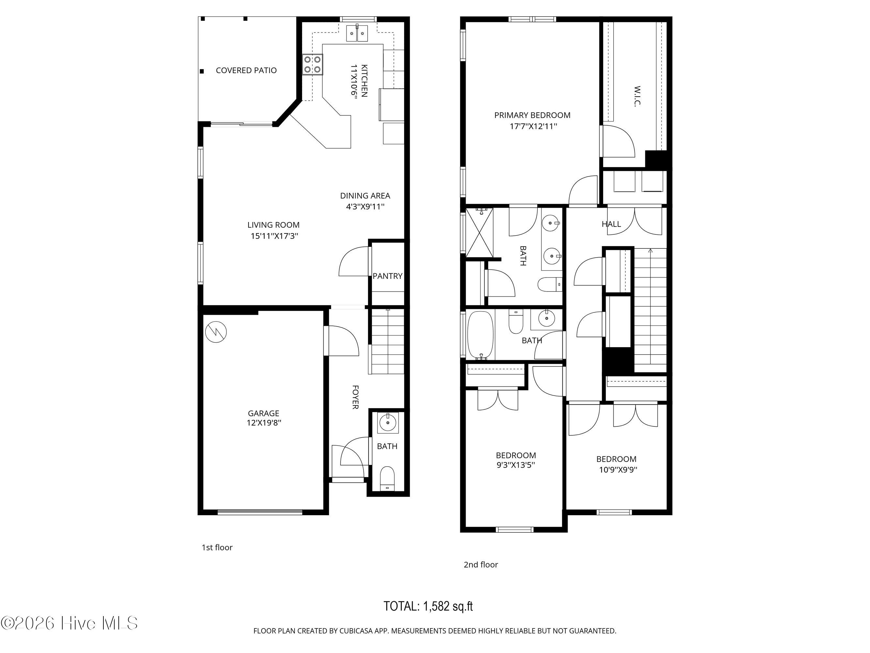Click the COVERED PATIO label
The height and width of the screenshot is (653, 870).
point(246,71)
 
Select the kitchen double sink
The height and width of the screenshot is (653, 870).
point(358,33)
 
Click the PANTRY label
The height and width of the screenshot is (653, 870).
point(388,276)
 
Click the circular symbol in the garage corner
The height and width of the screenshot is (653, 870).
point(216,332)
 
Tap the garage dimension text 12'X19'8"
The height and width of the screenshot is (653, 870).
point(264,423)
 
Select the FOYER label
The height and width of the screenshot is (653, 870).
point(355,397)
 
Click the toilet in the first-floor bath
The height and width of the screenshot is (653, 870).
point(388,478)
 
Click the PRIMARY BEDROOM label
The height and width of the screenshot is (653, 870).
point(532,115)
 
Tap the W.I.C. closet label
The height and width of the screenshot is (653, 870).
point(637,96)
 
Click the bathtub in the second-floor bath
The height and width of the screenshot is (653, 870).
point(480,335)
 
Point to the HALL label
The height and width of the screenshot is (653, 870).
point(611,224)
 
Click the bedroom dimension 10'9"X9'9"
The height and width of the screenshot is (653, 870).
point(618,470)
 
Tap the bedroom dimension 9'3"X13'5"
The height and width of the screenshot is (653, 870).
point(516,465)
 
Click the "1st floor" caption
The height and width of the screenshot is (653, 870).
point(217,548)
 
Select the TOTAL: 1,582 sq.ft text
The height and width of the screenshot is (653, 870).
point(428,606)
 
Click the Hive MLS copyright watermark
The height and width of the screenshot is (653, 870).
point(69,623)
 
